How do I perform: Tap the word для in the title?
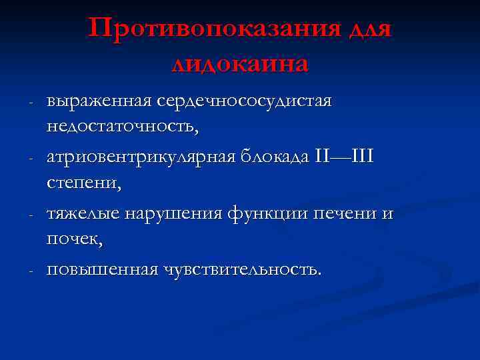[369, 30]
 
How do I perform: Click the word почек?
[73, 238]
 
